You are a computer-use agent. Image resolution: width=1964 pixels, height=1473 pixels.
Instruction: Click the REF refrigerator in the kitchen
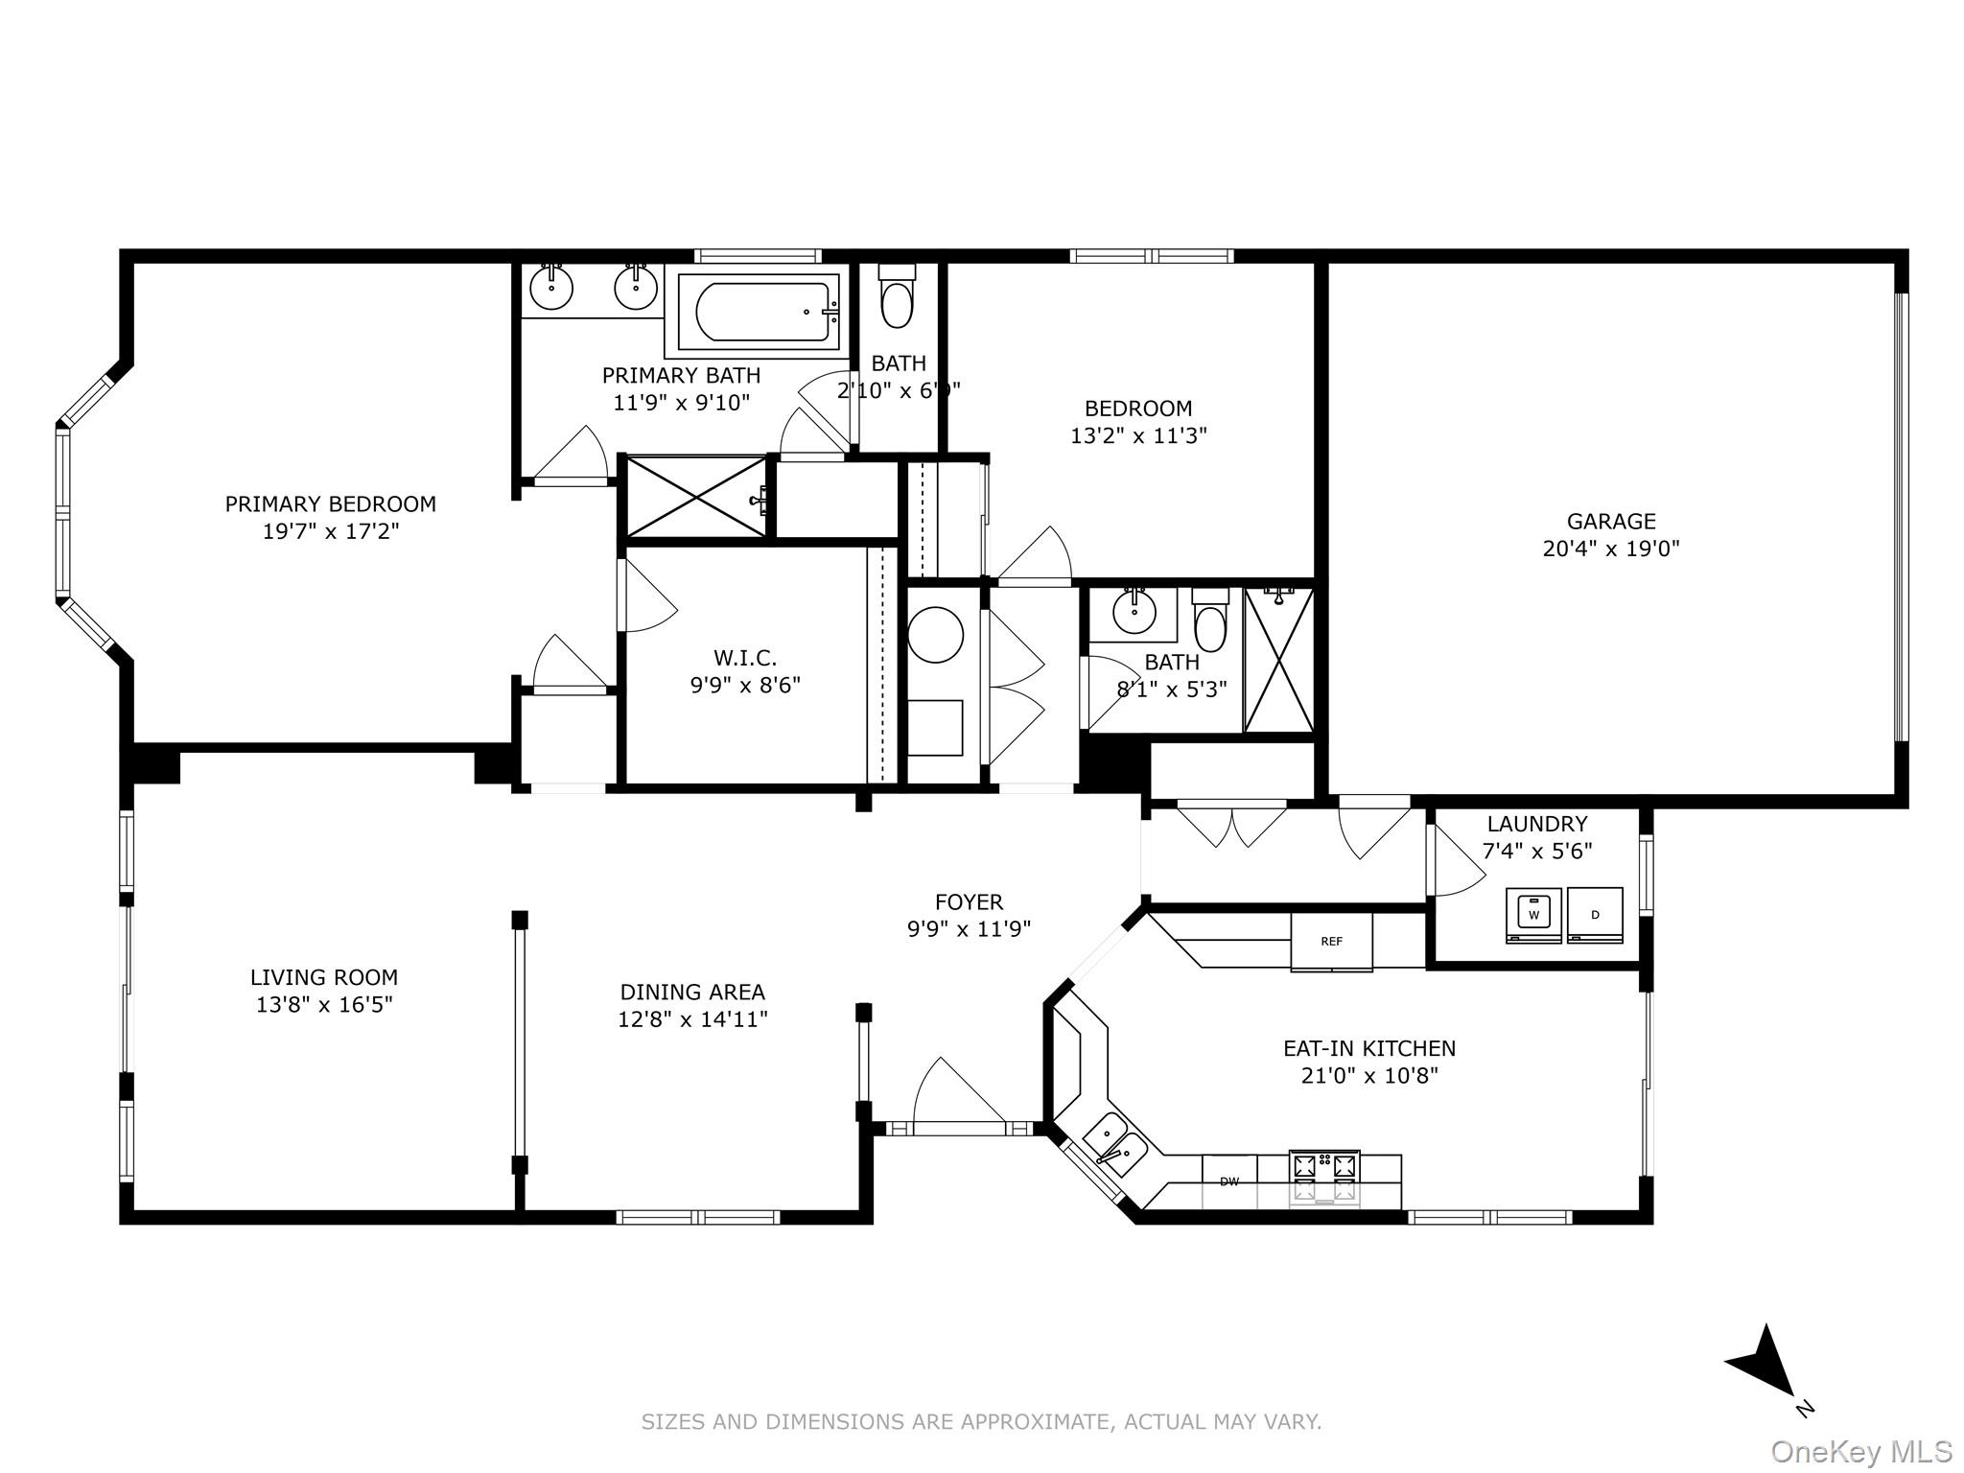tap(1331, 942)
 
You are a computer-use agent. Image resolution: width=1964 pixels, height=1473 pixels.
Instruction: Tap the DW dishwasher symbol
tap(1229, 1181)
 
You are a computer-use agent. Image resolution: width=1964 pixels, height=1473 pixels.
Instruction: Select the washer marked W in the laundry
tap(1533, 915)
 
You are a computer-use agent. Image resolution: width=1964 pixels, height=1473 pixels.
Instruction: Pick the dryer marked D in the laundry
tap(1595, 915)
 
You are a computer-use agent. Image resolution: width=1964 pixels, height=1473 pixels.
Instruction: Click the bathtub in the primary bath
tap(759, 311)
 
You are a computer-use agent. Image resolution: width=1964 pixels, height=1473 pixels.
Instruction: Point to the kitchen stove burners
tap(1324, 1178)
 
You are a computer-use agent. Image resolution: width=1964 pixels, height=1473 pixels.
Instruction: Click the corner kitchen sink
tap(1114, 1144)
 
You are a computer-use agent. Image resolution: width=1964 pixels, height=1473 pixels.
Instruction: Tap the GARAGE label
tap(1611, 521)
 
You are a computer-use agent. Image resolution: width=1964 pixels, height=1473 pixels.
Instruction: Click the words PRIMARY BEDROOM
tap(330, 503)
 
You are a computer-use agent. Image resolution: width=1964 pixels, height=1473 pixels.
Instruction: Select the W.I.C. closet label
tap(745, 658)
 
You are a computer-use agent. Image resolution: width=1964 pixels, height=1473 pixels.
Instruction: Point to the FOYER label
tap(969, 901)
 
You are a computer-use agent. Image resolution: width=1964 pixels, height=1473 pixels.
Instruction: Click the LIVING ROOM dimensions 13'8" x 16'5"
tap(324, 1004)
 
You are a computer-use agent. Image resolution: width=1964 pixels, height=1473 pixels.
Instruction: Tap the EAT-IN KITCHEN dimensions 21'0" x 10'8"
tap(1369, 1075)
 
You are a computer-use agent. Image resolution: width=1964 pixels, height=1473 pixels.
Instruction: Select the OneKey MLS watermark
tap(1861, 1452)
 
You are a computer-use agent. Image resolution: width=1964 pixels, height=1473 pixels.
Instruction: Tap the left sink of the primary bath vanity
tap(551, 287)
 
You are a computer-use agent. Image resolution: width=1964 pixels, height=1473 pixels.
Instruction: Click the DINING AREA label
tap(692, 992)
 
